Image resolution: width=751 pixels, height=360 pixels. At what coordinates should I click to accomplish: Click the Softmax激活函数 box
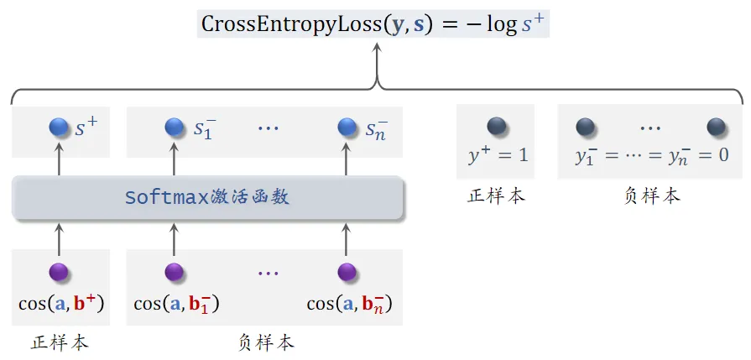(x=207, y=197)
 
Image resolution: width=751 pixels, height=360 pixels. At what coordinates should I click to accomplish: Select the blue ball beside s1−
(x=174, y=128)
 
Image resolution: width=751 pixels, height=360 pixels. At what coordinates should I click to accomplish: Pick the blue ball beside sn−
(x=347, y=128)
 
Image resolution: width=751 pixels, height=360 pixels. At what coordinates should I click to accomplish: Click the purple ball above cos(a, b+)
(x=60, y=272)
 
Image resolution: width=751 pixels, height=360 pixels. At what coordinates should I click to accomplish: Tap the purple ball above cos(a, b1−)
(x=174, y=272)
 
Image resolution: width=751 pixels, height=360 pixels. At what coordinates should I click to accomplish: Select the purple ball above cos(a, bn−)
(x=347, y=272)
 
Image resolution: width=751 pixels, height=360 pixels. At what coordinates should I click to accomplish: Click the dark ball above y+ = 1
(x=497, y=127)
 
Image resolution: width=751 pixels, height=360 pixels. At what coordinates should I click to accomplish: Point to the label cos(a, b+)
(x=61, y=303)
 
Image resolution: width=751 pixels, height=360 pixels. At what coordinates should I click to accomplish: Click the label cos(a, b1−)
(x=177, y=303)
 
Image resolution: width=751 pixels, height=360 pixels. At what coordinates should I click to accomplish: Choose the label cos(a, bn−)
(x=349, y=303)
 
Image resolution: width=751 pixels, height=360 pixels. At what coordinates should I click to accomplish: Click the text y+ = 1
(x=497, y=155)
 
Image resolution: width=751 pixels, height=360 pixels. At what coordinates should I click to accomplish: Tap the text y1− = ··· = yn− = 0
(x=651, y=155)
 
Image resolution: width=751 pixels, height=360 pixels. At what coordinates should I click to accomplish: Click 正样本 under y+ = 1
(x=497, y=196)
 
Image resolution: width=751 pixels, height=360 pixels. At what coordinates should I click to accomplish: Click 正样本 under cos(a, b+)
(x=60, y=342)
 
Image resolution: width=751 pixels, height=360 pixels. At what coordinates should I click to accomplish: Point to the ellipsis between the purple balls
(x=268, y=273)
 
